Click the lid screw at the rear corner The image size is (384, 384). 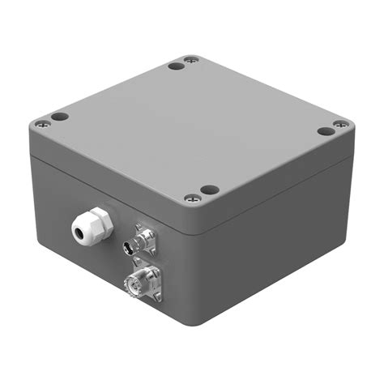tap(190, 59)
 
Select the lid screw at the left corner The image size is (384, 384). tap(40, 125)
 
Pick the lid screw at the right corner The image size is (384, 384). tap(341, 124)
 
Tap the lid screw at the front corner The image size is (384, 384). tap(192, 197)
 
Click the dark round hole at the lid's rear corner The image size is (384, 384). tap(174, 66)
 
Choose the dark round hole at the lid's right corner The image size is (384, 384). tap(324, 131)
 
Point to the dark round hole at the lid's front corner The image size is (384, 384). tap(210, 190)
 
